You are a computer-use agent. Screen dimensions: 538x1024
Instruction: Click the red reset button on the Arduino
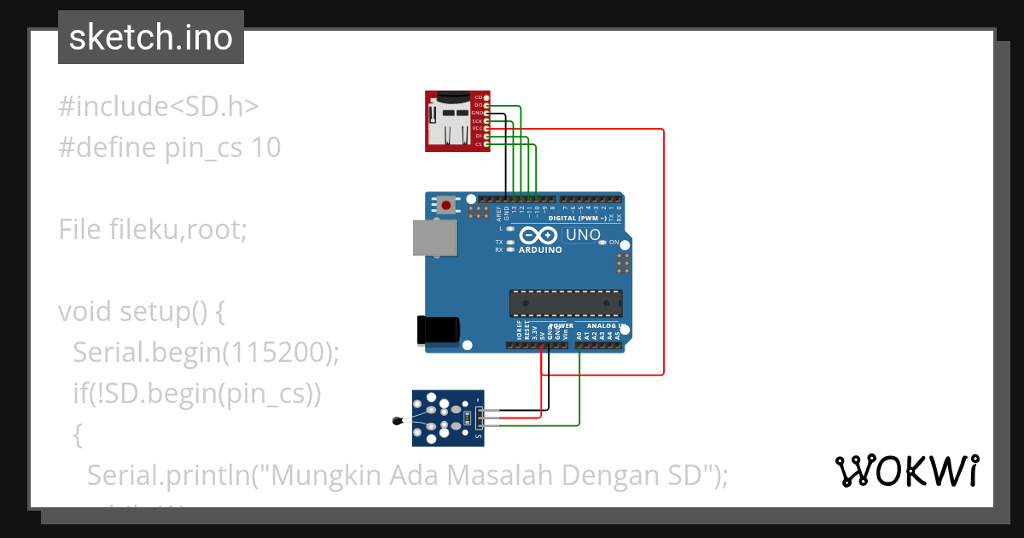445,204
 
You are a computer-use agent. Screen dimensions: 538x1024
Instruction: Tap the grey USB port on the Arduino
433,238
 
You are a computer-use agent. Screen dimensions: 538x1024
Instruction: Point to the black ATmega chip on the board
565,303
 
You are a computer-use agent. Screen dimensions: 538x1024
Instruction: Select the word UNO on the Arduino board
584,235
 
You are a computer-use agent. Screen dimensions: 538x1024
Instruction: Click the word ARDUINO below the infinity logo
540,250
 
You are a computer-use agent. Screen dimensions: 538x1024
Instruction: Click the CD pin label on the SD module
479,97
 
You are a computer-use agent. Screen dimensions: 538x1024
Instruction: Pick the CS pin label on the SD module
479,144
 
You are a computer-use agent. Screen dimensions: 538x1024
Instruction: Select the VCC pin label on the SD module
478,128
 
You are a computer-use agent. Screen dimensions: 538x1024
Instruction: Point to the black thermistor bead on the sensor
396,420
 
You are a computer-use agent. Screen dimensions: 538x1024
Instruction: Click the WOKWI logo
906,471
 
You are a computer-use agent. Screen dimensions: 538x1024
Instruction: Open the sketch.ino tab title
150,38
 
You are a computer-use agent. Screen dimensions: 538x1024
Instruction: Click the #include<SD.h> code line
158,107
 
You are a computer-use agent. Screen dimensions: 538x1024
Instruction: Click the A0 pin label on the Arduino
579,337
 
